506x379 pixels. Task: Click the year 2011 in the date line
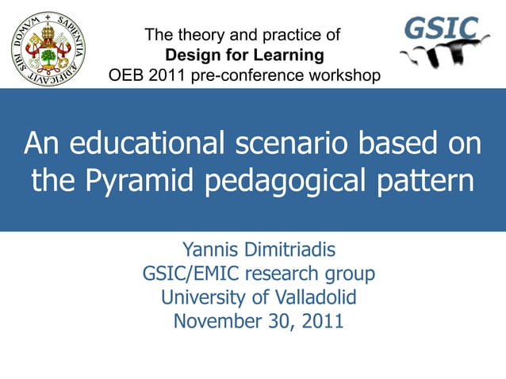[321, 322]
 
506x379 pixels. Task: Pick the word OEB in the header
[125, 75]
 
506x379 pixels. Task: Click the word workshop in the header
[345, 75]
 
